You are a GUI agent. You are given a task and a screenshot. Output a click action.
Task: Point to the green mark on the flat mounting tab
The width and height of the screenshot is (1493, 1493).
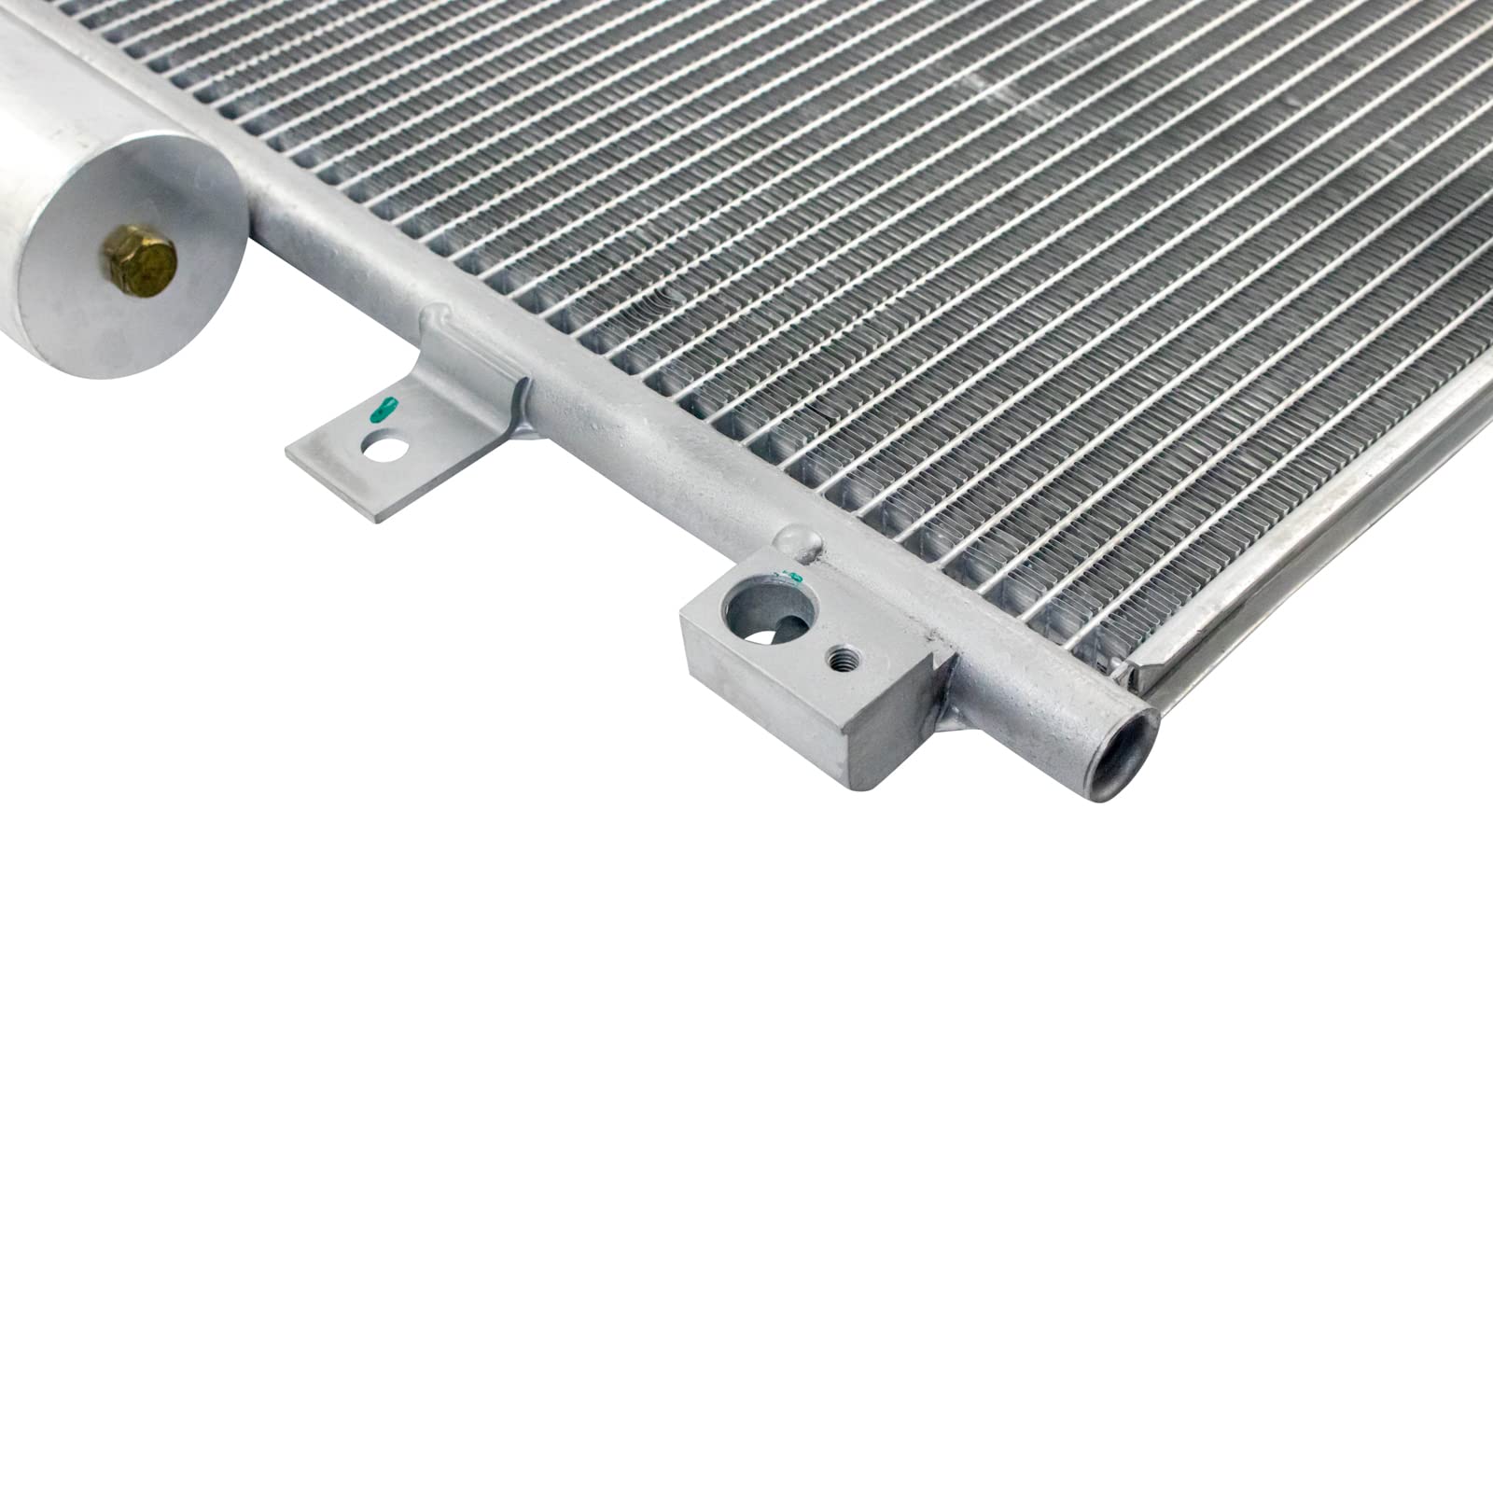tap(383, 407)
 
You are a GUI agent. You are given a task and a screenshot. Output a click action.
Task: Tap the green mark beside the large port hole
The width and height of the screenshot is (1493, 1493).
tap(794, 578)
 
